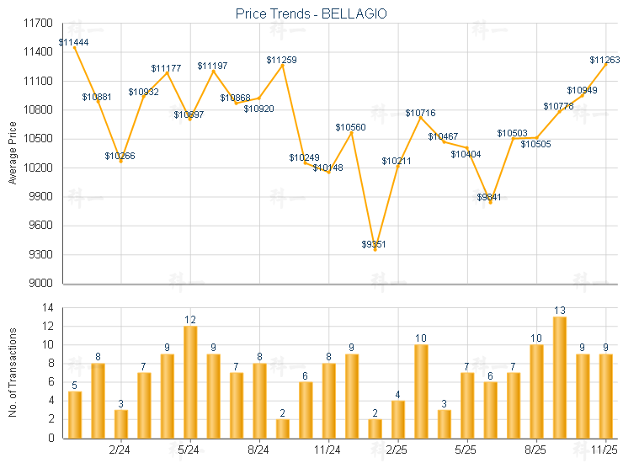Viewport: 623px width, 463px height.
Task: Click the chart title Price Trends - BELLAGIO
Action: coord(311,14)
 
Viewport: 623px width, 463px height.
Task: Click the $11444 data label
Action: coord(74,42)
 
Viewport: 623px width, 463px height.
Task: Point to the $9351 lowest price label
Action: coord(375,244)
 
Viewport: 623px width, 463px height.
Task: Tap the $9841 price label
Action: coord(490,197)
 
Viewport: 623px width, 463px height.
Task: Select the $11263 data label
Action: coord(604,60)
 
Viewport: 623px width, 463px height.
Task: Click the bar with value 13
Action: coord(559,377)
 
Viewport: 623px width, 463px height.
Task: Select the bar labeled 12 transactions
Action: coord(190,381)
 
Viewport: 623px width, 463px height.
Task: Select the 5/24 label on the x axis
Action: coord(189,450)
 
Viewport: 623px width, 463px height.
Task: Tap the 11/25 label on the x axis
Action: coord(604,450)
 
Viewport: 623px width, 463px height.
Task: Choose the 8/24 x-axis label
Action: coord(259,450)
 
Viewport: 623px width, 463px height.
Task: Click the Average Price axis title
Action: coord(13,153)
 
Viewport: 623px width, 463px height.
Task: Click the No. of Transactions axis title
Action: coord(13,373)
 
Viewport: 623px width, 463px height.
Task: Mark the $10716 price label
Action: coord(420,113)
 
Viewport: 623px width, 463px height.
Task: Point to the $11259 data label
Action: coord(281,60)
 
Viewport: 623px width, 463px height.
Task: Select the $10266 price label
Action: coord(120,156)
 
